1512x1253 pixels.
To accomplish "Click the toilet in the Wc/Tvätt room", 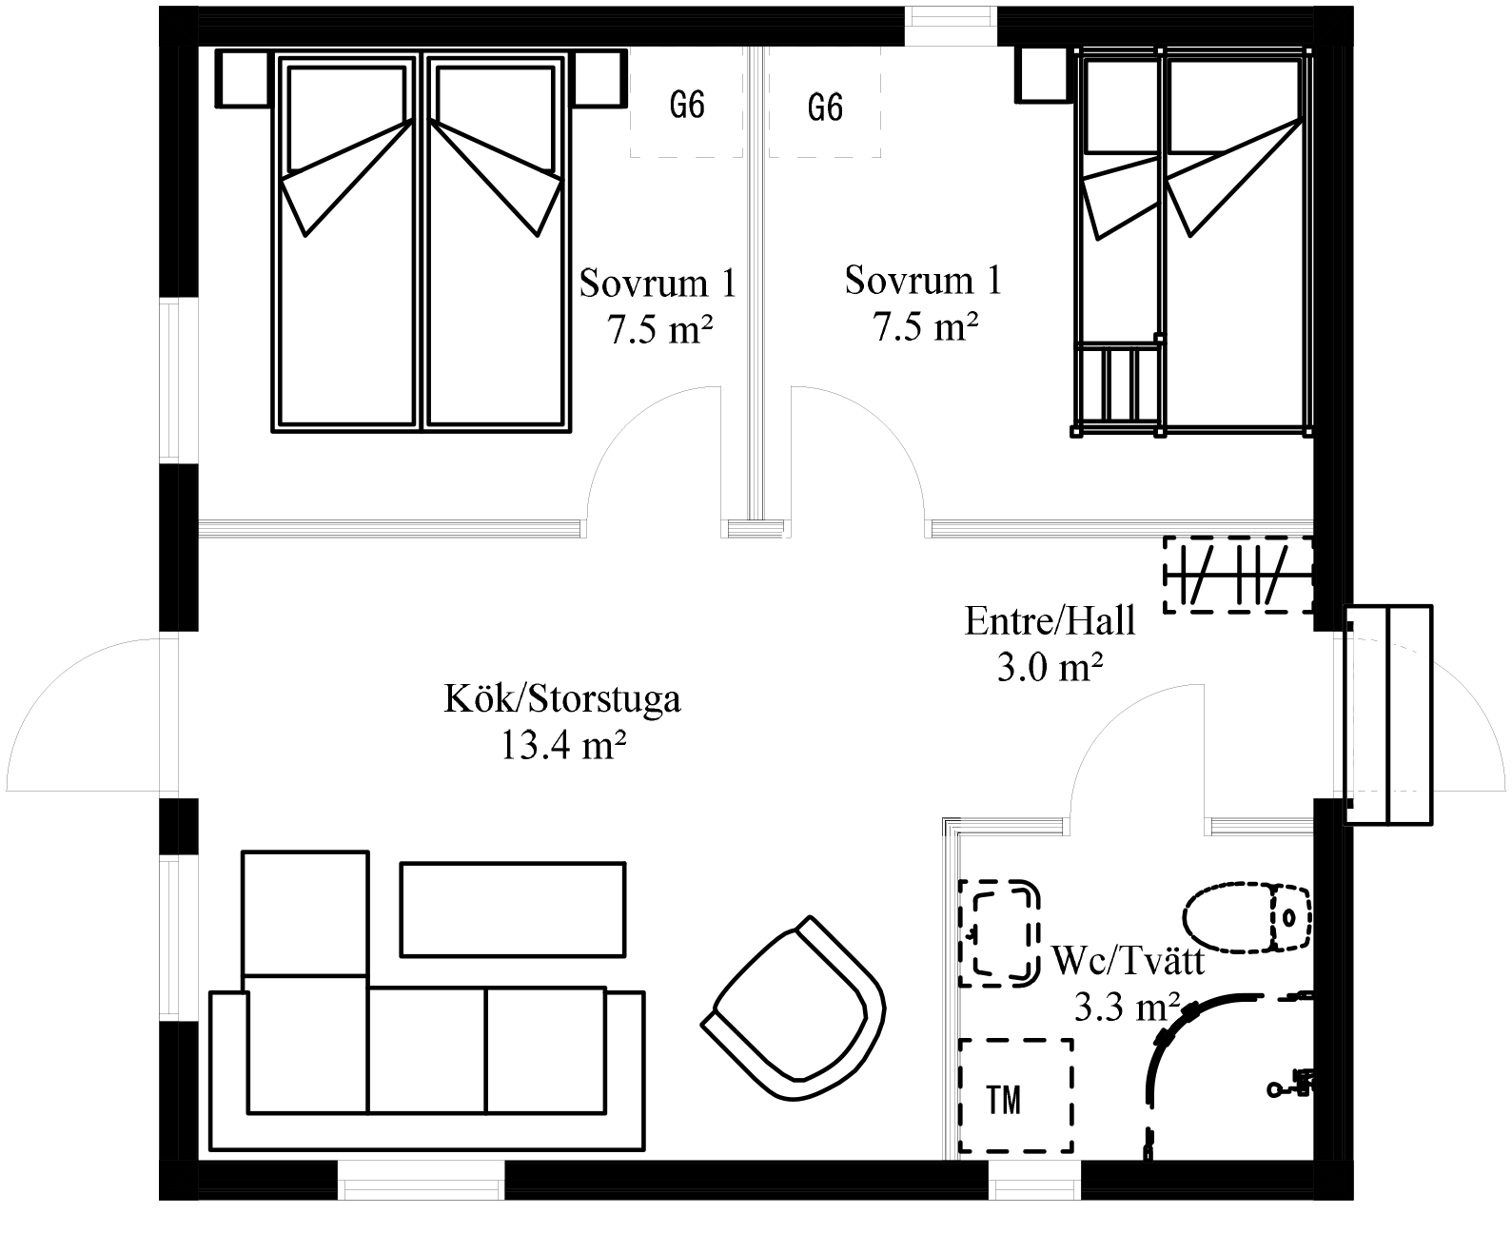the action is pyautogui.click(x=1247, y=917).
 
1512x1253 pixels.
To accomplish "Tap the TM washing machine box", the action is pyautogui.click(x=1016, y=1095).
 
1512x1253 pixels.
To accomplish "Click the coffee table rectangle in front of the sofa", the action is pyautogui.click(x=513, y=909).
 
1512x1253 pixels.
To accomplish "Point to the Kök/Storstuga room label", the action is pyautogui.click(x=562, y=699).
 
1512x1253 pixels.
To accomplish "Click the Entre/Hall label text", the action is pyautogui.click(x=1050, y=621).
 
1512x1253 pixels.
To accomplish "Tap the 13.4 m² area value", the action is pyautogui.click(x=562, y=745).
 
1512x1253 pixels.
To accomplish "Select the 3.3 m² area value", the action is pyautogui.click(x=1127, y=1007).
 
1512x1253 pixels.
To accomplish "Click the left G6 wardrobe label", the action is pyautogui.click(x=687, y=106).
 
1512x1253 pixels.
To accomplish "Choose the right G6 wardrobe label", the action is pyautogui.click(x=825, y=108).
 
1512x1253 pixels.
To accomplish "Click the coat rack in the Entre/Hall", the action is pyautogui.click(x=1238, y=575).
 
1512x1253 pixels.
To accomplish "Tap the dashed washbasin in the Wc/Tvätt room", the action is pyautogui.click(x=999, y=933).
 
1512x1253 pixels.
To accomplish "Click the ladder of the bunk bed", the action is pyautogui.click(x=1118, y=386).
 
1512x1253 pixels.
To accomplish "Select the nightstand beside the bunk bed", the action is pyautogui.click(x=1044, y=75).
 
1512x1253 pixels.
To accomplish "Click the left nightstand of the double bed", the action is pyautogui.click(x=243, y=79).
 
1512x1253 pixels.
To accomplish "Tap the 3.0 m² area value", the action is pyautogui.click(x=1050, y=667).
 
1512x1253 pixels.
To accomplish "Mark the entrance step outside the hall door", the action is pyautogui.click(x=1388, y=715).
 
